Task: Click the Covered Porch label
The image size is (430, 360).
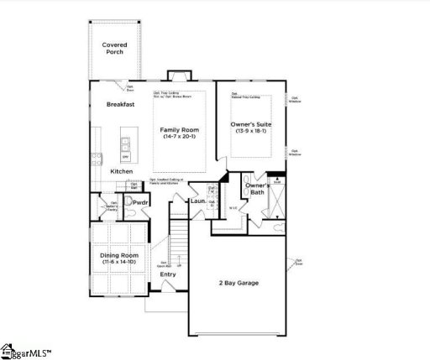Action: tap(114, 48)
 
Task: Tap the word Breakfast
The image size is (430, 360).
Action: tap(121, 104)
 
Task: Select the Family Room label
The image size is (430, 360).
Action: tap(178, 129)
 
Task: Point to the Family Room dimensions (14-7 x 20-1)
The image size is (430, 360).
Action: tap(178, 137)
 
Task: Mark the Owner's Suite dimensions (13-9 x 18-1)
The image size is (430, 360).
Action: tap(249, 132)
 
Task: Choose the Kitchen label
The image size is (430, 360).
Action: tap(121, 171)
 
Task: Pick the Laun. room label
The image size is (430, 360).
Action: tap(198, 201)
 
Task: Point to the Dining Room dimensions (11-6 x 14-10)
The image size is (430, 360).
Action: tap(121, 263)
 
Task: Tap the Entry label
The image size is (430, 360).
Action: tap(168, 274)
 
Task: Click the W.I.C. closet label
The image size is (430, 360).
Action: tap(233, 206)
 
